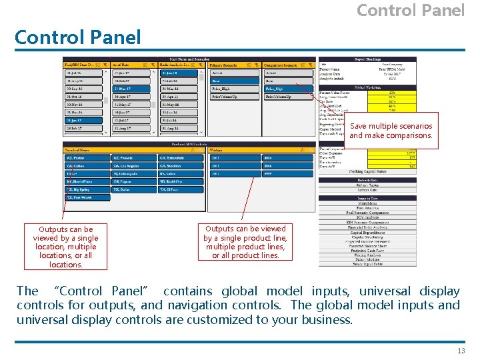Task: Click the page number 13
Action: (x=461, y=351)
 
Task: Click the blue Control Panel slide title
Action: (x=78, y=37)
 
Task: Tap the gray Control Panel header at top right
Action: (x=410, y=10)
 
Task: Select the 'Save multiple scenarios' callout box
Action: (x=391, y=131)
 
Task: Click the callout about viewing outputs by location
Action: (x=65, y=247)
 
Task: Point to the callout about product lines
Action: (x=245, y=241)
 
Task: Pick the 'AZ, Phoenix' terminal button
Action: (x=134, y=158)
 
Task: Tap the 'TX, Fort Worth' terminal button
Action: (x=87, y=197)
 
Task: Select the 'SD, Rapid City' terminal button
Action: (x=180, y=182)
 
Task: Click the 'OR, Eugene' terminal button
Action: (x=134, y=182)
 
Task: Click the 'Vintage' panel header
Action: (x=227, y=151)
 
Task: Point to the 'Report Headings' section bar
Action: (x=367, y=60)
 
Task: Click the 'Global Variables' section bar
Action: (x=367, y=87)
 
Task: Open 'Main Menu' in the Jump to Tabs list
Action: (x=367, y=203)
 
